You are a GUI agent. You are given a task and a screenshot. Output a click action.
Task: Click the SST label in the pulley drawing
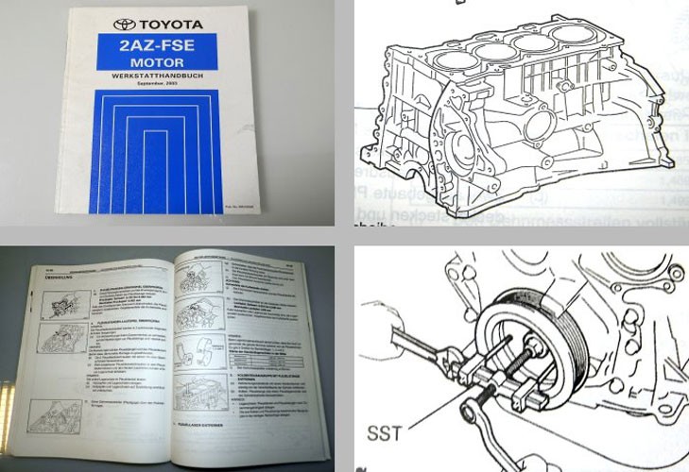tap(386, 433)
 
